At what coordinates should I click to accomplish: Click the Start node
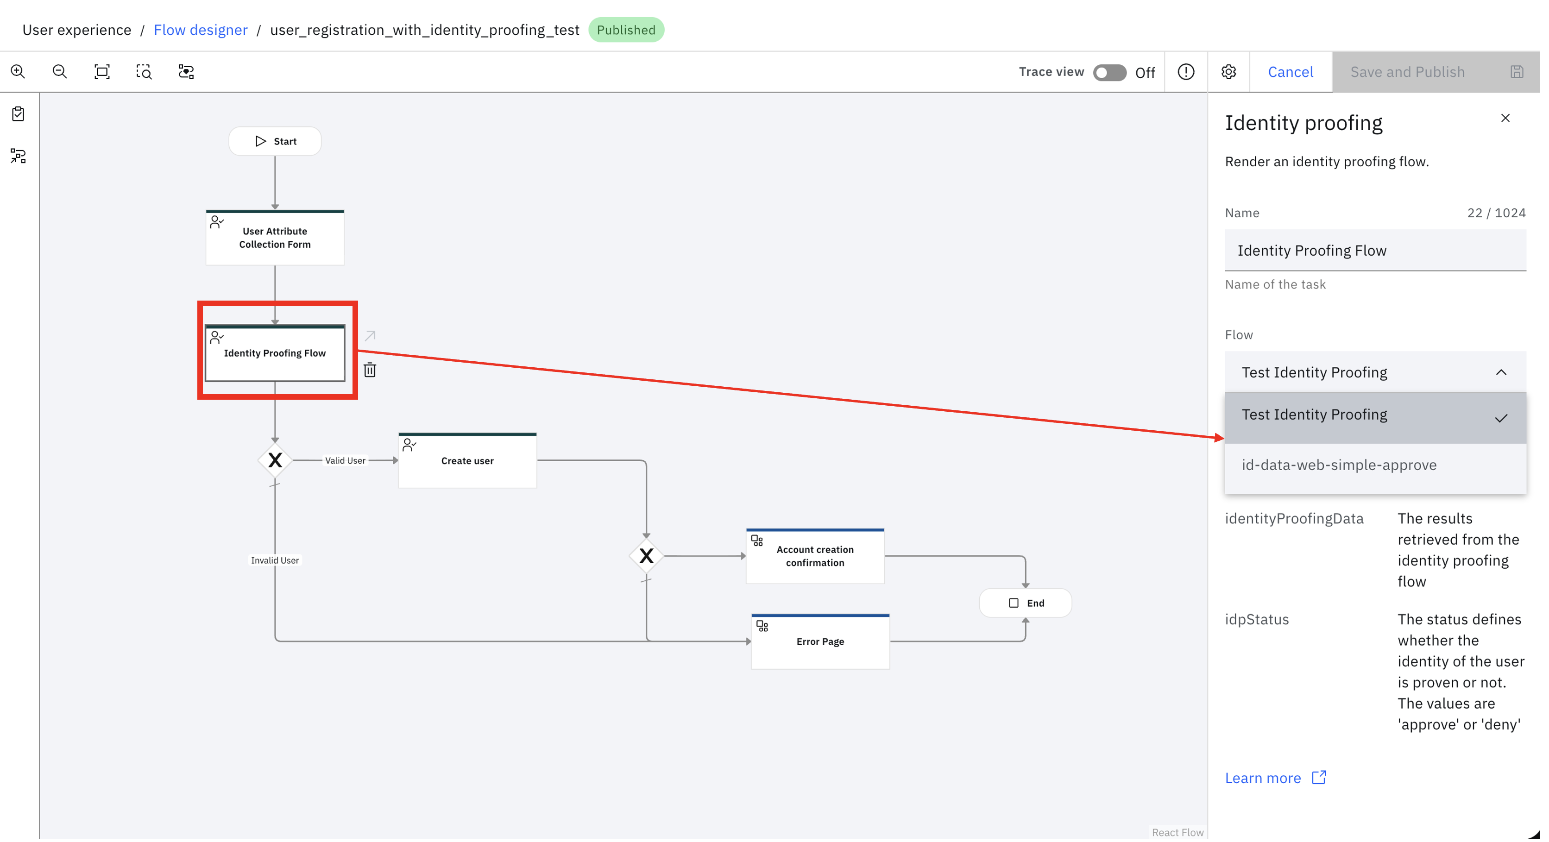click(x=275, y=141)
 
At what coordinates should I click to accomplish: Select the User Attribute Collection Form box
click(x=275, y=238)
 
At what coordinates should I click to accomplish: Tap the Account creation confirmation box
click(x=815, y=556)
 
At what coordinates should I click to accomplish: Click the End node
click(x=1025, y=603)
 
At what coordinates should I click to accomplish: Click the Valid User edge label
click(x=345, y=461)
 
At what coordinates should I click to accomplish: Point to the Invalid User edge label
click(x=275, y=560)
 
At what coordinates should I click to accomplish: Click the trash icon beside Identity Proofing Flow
click(x=370, y=370)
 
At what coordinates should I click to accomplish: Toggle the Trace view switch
click(x=1109, y=72)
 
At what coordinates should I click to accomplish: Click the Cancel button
click(x=1291, y=72)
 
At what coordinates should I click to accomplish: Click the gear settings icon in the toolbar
click(x=1228, y=72)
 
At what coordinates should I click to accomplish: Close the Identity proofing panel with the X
click(x=1505, y=119)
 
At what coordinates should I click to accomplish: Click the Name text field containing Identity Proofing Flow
click(x=1375, y=251)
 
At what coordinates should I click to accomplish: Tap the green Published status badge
click(x=626, y=30)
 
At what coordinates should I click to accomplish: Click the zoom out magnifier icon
click(x=60, y=72)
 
